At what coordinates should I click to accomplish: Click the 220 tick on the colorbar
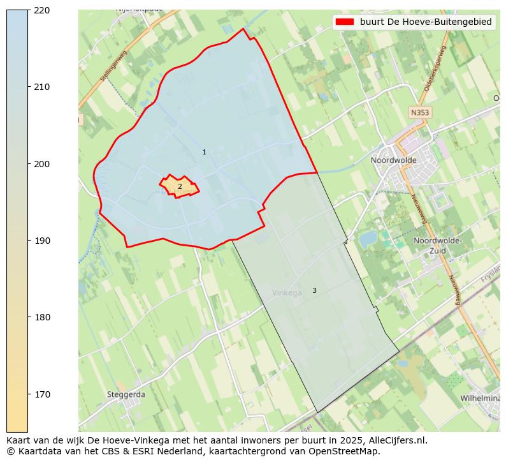click(x=42, y=10)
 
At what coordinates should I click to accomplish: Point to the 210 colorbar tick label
click(x=42, y=87)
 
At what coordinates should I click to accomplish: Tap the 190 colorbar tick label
click(x=42, y=241)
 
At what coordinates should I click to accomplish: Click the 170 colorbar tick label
click(x=42, y=394)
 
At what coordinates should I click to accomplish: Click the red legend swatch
click(x=345, y=22)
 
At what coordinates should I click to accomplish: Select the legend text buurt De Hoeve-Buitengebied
click(x=426, y=22)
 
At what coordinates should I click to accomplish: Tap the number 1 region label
click(x=204, y=152)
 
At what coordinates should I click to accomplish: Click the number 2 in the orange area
click(x=180, y=186)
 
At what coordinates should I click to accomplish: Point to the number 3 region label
click(x=314, y=290)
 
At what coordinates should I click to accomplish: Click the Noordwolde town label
click(x=393, y=160)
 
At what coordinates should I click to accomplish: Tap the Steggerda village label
click(x=126, y=394)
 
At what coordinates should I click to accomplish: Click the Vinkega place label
click(x=287, y=293)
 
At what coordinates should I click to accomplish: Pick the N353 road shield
click(x=420, y=112)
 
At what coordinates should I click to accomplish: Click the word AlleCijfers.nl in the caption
click(x=398, y=440)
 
